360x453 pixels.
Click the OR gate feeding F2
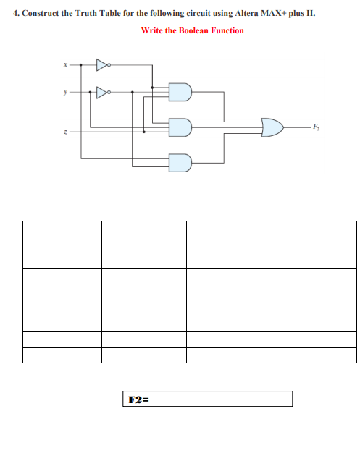272,127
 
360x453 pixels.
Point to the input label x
64,65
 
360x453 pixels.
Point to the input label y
64,92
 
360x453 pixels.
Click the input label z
64,132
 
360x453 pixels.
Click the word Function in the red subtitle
227,30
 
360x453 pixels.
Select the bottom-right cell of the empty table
314,355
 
